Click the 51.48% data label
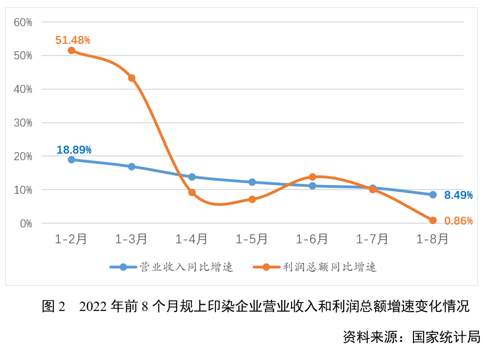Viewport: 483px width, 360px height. (72, 40)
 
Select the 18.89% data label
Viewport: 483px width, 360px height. (74, 150)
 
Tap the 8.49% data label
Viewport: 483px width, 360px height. (458, 195)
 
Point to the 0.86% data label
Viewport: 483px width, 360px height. (458, 221)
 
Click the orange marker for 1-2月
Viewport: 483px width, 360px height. (71, 50)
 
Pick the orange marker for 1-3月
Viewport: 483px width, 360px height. (132, 78)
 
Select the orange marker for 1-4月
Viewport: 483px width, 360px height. (192, 192)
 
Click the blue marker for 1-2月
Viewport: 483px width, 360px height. (71, 160)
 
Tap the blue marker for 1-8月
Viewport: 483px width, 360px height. (433, 195)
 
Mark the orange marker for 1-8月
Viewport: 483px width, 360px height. (433, 220)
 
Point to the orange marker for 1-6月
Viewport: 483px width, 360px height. (313, 177)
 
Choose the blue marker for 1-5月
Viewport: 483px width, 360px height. (252, 182)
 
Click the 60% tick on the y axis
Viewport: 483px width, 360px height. (23, 22)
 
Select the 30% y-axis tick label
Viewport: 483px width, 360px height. (23, 123)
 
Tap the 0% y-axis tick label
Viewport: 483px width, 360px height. (26, 224)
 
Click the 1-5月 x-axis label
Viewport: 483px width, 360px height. (252, 239)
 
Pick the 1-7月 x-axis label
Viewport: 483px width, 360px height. (372, 239)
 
